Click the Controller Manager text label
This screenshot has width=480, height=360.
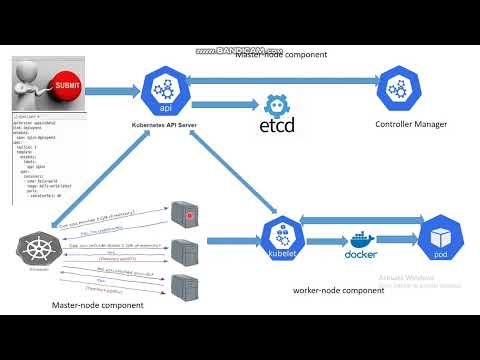(411, 125)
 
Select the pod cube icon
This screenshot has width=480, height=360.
(439, 241)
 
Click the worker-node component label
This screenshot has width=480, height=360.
(338, 290)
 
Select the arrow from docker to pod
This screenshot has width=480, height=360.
(401, 241)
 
